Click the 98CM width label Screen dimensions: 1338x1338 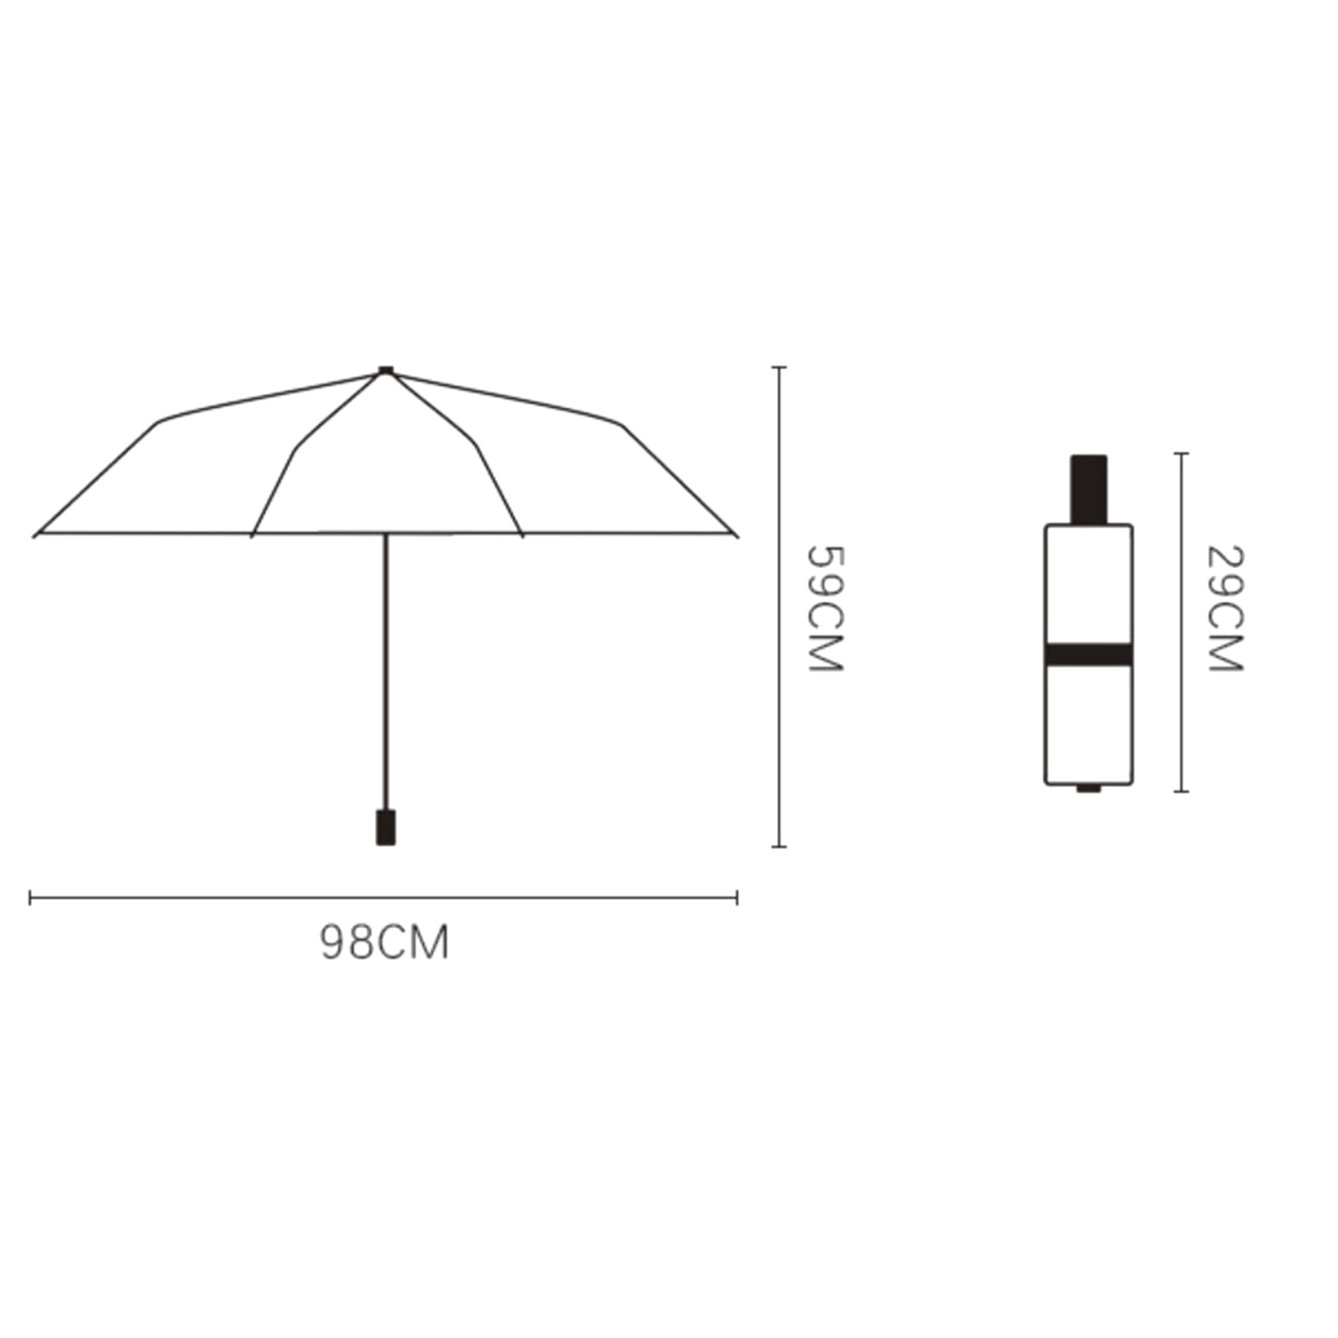click(x=385, y=942)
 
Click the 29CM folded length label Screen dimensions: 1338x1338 click(x=1225, y=608)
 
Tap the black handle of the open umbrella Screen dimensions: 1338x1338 click(x=386, y=827)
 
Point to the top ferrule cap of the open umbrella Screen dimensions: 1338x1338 click(x=386, y=370)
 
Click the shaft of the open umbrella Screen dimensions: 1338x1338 click(x=386, y=672)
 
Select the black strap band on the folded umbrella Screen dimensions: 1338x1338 click(x=1089, y=655)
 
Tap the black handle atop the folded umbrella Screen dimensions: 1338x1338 click(x=1089, y=489)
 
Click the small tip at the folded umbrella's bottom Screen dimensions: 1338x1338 click(x=1088, y=788)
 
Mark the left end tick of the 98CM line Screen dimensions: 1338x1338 click(x=30, y=898)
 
